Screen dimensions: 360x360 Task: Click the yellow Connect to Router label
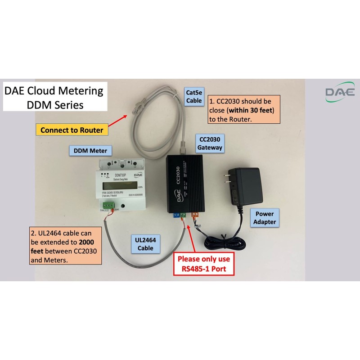pyautogui.click(x=72, y=130)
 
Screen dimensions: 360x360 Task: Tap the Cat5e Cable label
pyautogui.click(x=194, y=96)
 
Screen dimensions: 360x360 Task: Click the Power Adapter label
pyautogui.click(x=265, y=218)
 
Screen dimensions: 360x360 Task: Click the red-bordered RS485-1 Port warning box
pyautogui.click(x=203, y=265)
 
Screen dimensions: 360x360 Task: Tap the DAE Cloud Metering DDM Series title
pyautogui.click(x=54, y=97)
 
